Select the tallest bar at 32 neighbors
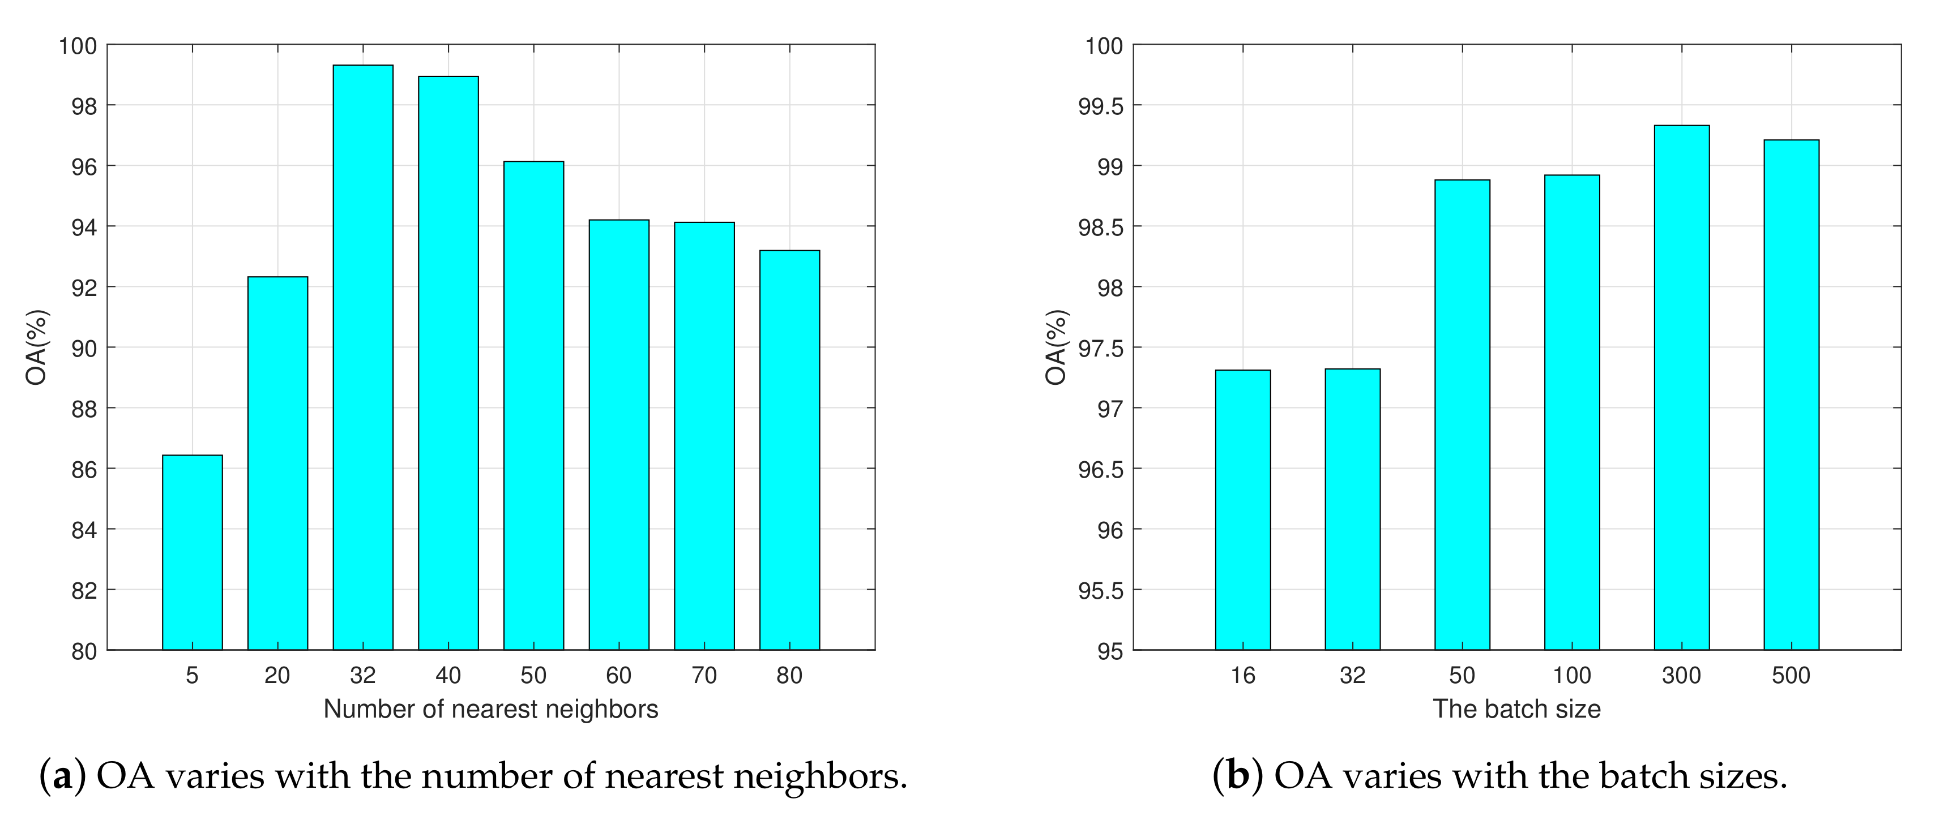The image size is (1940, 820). [x=363, y=358]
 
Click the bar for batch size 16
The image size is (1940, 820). [x=1242, y=510]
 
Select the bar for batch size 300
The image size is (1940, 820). [x=1682, y=387]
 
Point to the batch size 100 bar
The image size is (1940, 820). [x=1572, y=412]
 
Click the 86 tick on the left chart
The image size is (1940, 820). [x=84, y=470]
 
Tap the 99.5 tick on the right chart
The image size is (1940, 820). [x=1100, y=106]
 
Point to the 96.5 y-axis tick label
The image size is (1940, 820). [x=1100, y=470]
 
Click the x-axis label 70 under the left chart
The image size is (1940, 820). [x=704, y=676]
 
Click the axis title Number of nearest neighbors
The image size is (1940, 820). [x=490, y=709]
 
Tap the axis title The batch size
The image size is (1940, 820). [x=1516, y=709]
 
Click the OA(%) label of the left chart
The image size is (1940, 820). [x=36, y=347]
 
